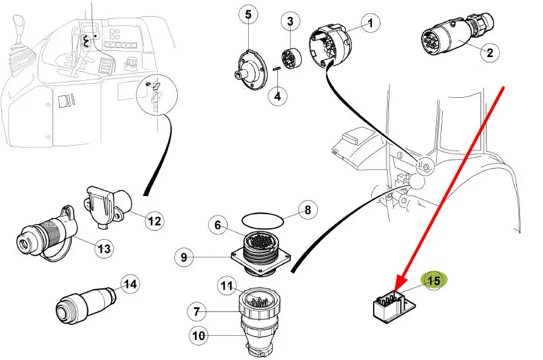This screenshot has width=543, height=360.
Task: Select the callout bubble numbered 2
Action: [489, 52]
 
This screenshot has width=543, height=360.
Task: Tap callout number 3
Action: [290, 22]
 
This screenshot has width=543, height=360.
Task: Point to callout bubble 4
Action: [277, 96]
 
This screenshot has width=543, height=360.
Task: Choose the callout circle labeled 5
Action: [248, 14]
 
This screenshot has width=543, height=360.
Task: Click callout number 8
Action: [308, 211]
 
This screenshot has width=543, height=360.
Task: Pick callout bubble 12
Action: [155, 221]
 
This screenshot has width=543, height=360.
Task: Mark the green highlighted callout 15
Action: [434, 281]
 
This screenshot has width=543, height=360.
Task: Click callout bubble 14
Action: [130, 284]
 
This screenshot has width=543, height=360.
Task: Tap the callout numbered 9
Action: [184, 257]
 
